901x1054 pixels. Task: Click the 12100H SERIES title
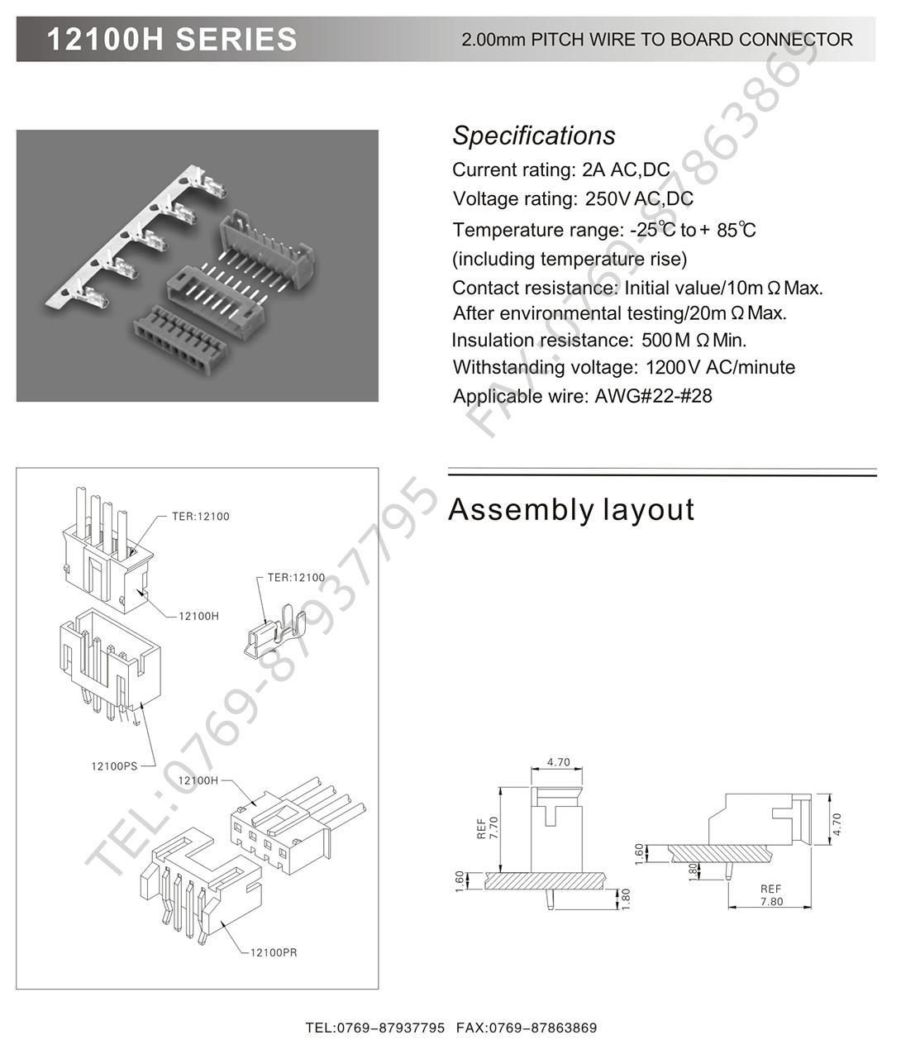coord(172,39)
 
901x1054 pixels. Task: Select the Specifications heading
coord(533,136)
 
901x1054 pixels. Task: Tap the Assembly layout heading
coord(570,509)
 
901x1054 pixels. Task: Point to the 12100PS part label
coord(114,766)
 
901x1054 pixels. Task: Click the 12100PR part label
coord(274,952)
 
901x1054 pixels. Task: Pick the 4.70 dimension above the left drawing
coord(558,762)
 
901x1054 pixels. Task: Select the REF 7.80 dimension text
coord(770,895)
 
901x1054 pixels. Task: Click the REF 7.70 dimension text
coord(489,827)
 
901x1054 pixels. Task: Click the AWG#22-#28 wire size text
coord(653,396)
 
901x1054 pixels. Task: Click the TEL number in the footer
coord(375,1028)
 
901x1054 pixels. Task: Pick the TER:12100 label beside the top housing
coord(201,517)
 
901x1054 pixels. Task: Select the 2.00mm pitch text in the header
coord(493,40)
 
